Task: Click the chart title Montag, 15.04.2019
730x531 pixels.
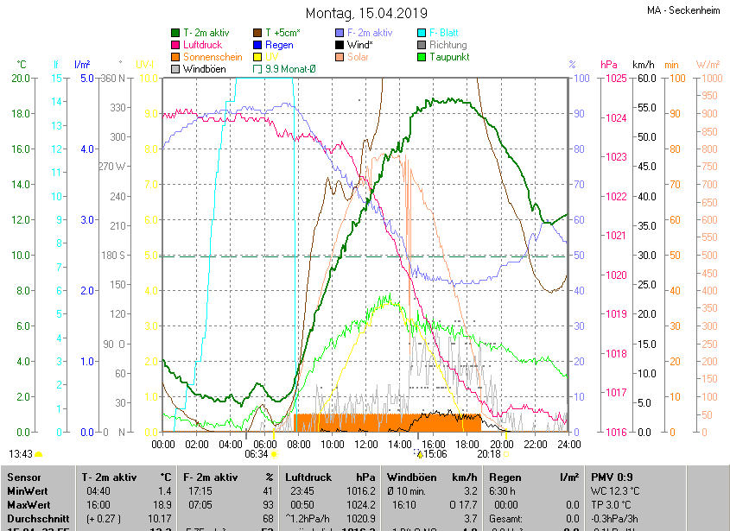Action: [366, 13]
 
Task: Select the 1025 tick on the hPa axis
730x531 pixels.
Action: [616, 79]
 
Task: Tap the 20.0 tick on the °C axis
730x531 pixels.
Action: [20, 79]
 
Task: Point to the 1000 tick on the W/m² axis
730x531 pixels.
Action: [708, 79]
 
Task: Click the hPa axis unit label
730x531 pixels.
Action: [608, 65]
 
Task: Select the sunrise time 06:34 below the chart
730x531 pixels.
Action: [256, 453]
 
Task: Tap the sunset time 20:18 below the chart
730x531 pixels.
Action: [488, 453]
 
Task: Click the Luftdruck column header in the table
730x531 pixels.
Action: [308, 477]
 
